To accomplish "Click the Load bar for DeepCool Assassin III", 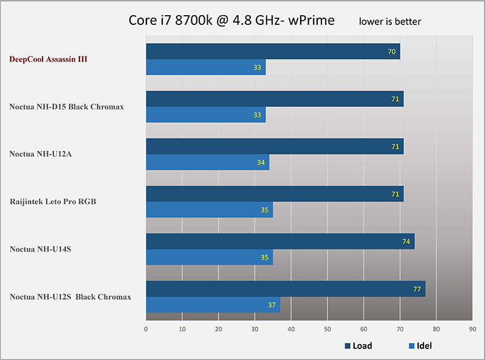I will pyautogui.click(x=273, y=52).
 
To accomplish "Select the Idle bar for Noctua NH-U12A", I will pyautogui.click(x=207, y=162).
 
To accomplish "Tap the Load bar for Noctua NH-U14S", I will pyautogui.click(x=280, y=241).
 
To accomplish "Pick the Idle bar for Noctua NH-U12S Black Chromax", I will pyautogui.click(x=213, y=305).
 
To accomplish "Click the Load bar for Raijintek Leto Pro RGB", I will pyautogui.click(x=275, y=194).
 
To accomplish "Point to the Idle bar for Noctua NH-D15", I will pyautogui.click(x=205, y=115).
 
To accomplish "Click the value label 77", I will pyautogui.click(x=417, y=289).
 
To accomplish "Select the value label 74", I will pyautogui.click(x=406, y=241).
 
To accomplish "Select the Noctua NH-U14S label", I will pyautogui.click(x=40, y=249).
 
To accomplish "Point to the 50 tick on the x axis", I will pyautogui.click(x=327, y=330).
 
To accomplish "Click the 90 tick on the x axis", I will pyautogui.click(x=472, y=330).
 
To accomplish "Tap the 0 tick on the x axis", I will pyautogui.click(x=146, y=330).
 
